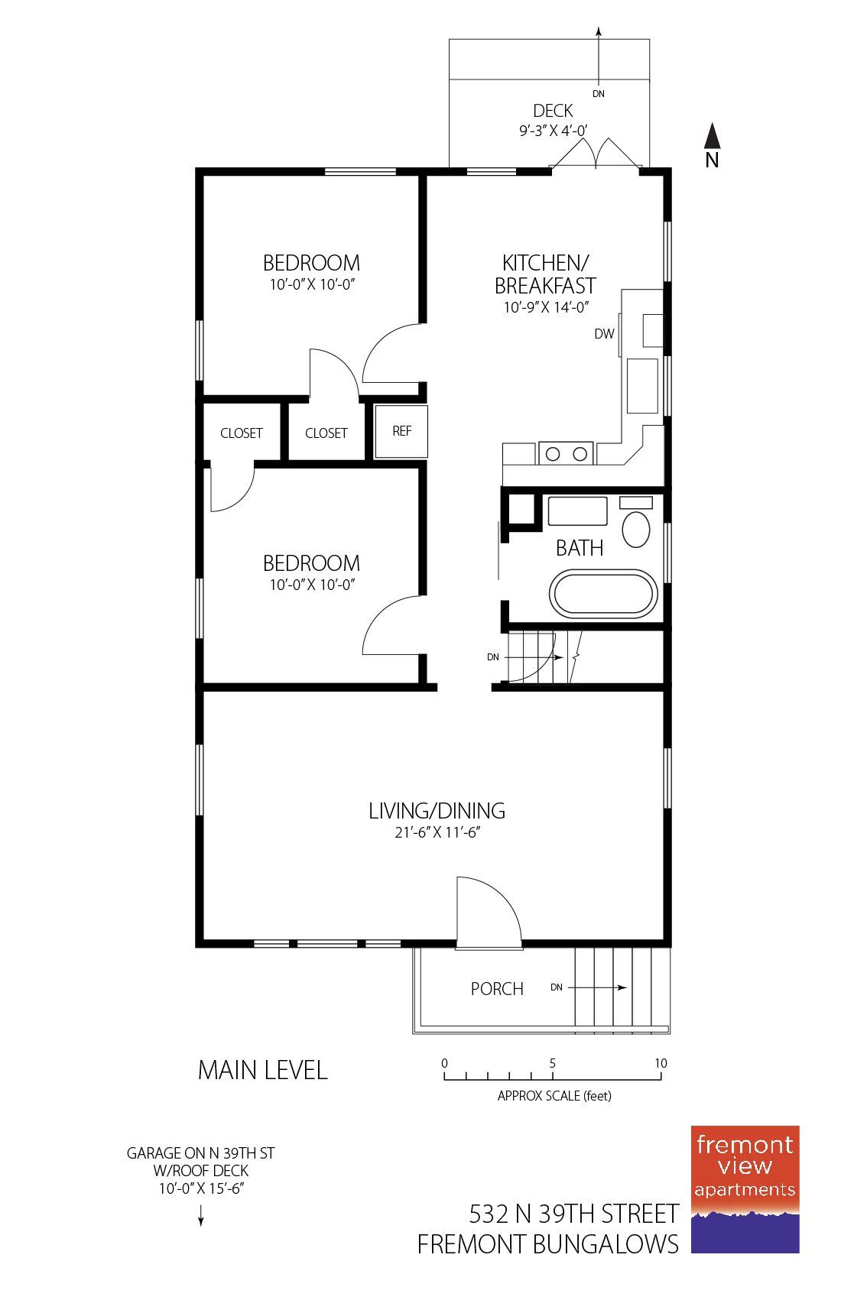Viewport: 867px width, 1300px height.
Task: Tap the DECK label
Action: coord(553,111)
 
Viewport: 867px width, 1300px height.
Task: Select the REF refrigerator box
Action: coord(401,431)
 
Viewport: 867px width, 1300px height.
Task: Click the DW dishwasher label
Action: coord(604,334)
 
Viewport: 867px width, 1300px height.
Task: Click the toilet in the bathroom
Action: coord(636,529)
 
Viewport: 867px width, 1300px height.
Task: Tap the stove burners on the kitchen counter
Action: coord(567,454)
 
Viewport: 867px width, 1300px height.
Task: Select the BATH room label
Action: coord(580,548)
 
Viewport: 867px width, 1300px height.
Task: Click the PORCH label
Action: coord(497,989)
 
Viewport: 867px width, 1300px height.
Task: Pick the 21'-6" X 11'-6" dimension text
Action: coord(437,832)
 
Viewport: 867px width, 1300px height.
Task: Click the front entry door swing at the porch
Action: coord(488,913)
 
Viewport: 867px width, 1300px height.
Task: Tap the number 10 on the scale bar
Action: coord(661,1063)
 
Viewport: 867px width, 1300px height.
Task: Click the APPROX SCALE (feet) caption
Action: coord(554,1095)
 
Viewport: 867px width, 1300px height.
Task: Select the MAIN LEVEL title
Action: coord(262,1070)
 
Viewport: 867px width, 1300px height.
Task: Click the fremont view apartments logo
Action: coord(745,1188)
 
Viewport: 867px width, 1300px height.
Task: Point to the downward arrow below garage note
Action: coord(201,1215)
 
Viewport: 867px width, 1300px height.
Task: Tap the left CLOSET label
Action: coord(242,433)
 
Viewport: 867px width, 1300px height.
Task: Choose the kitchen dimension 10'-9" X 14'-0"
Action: coord(545,308)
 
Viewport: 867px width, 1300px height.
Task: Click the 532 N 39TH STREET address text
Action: coord(573,1214)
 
